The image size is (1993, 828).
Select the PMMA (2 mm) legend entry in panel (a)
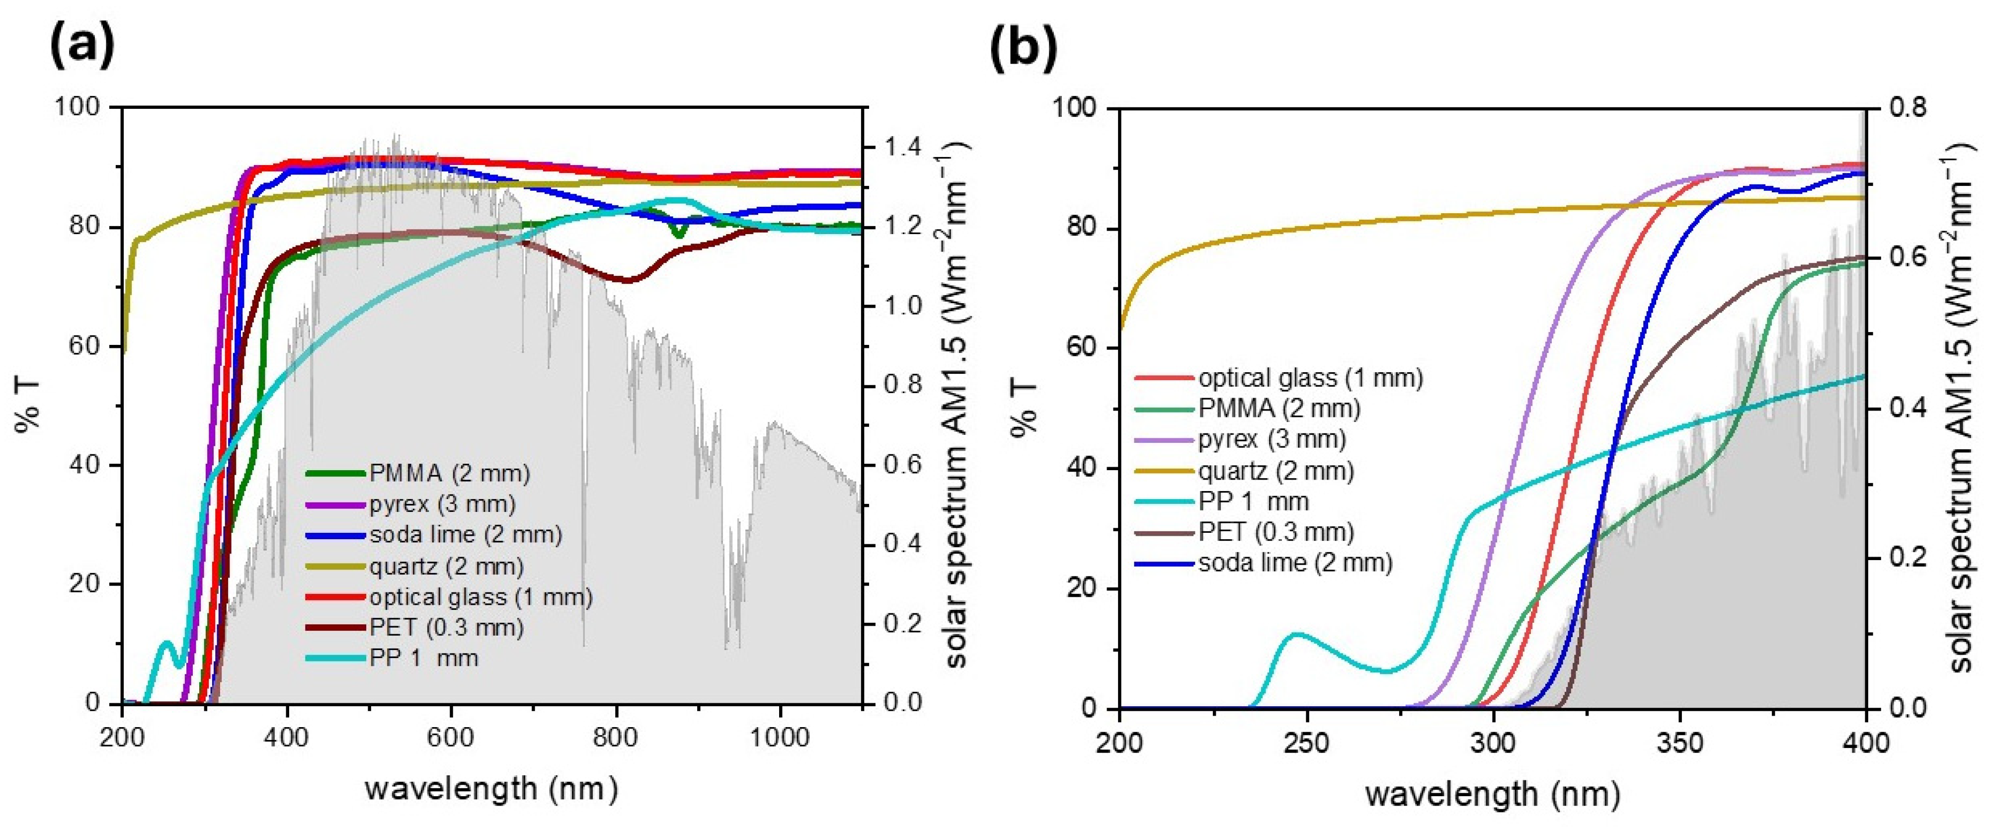coord(449,473)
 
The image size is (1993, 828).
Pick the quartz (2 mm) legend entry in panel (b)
coord(1276,471)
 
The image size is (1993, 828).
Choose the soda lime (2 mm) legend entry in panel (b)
coord(1295,563)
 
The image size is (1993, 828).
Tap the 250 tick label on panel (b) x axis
coord(1307,743)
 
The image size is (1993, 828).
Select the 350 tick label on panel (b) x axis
coord(1679,743)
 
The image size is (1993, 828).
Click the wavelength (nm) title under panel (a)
coord(492,789)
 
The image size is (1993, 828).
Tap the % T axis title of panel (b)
coord(1025,409)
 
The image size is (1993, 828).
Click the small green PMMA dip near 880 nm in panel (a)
coord(679,232)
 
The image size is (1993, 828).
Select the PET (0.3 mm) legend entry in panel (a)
coord(446,628)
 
